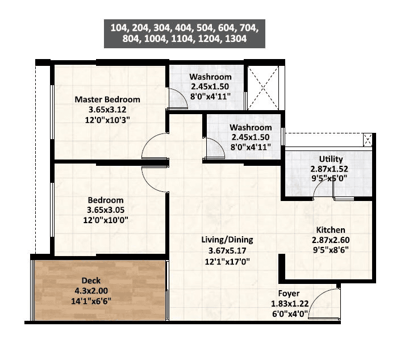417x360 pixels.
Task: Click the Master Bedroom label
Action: click(x=107, y=99)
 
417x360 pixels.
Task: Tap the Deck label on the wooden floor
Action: click(x=91, y=281)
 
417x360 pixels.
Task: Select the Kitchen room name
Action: click(x=331, y=230)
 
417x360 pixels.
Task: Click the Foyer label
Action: click(x=289, y=294)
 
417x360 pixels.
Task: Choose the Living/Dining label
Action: click(x=227, y=240)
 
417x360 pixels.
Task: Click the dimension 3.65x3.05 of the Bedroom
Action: click(x=105, y=210)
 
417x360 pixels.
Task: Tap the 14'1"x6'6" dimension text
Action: click(x=91, y=300)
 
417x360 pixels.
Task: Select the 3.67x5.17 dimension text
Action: click(x=227, y=250)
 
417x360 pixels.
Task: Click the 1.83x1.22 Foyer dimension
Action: click(x=289, y=304)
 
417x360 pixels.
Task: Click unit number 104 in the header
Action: click(x=119, y=27)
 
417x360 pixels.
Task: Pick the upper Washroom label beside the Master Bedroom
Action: click(x=210, y=77)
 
